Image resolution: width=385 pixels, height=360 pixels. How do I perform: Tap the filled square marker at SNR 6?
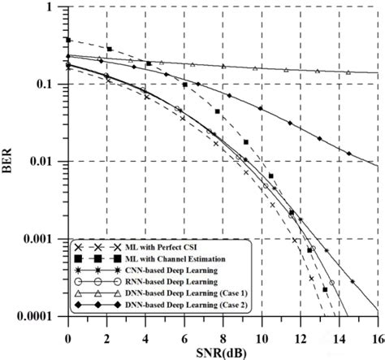[x=185, y=85]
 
